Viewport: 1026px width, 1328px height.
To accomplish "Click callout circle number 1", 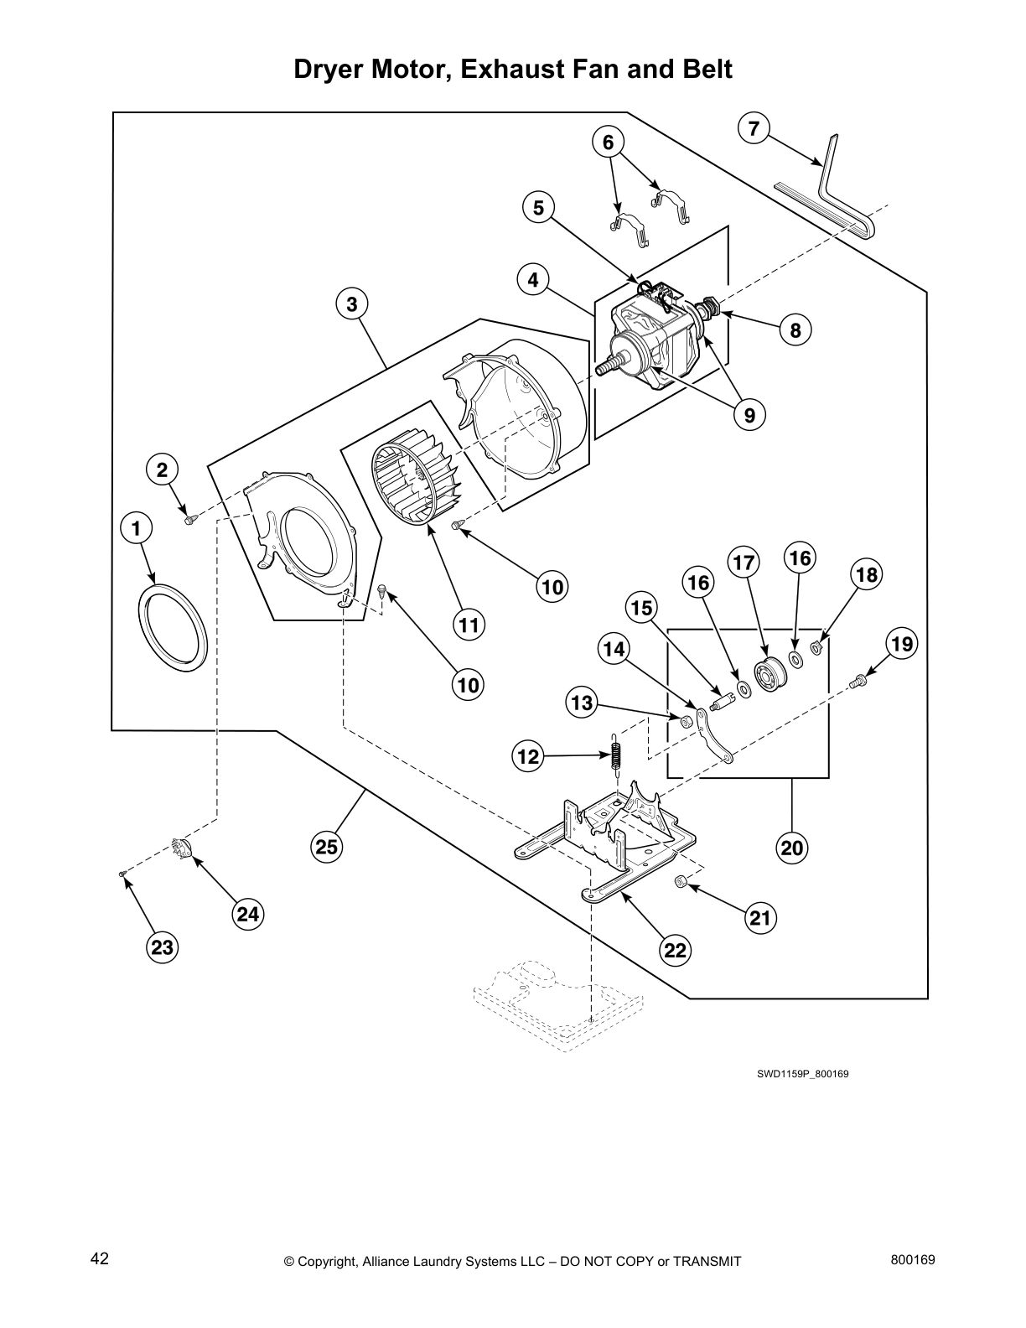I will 137,529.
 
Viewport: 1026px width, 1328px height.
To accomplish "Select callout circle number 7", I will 754,128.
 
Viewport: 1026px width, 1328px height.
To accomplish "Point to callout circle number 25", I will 326,847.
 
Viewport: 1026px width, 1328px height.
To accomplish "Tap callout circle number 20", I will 792,848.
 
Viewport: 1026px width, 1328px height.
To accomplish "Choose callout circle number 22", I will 676,950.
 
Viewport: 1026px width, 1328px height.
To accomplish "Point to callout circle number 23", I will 162,947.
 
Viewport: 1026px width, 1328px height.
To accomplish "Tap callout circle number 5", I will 538,207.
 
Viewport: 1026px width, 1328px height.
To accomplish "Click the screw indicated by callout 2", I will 189,521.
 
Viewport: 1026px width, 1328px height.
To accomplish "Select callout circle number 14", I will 614,649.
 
